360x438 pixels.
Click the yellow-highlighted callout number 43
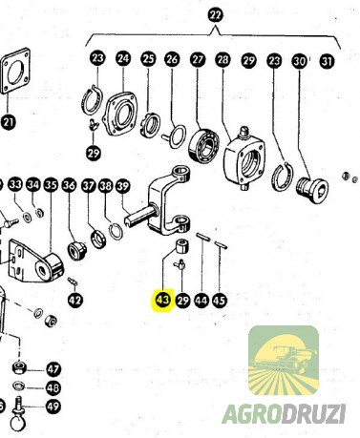(162, 300)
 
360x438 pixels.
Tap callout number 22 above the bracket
(216, 15)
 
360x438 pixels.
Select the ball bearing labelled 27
(204, 144)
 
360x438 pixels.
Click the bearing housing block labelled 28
(244, 155)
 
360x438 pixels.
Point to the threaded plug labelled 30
(312, 188)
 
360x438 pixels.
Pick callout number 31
(327, 61)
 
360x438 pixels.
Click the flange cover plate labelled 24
(120, 114)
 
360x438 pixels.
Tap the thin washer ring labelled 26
(177, 136)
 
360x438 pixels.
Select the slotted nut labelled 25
(150, 125)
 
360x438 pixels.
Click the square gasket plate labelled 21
(15, 72)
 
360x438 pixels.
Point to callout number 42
(75, 300)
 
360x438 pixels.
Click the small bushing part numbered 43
(182, 245)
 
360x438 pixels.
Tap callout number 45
(219, 300)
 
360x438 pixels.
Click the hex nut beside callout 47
(20, 367)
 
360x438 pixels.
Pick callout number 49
(53, 407)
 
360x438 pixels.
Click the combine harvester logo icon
(284, 361)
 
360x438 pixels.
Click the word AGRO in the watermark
(252, 414)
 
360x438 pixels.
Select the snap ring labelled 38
(115, 231)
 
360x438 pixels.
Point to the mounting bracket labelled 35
(35, 261)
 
